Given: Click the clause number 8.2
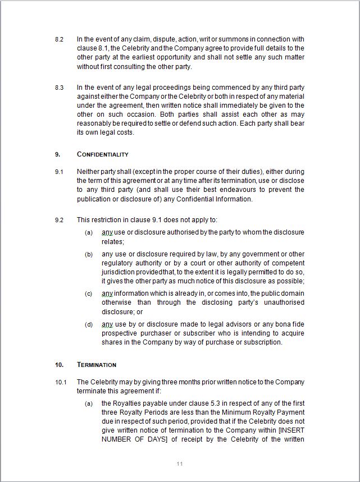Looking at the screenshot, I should coord(59,40).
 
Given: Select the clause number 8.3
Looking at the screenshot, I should coord(59,88).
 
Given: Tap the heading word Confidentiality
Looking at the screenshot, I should coord(102,154).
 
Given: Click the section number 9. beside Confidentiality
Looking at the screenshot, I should coord(57,154).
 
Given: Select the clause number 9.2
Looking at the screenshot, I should coord(59,219).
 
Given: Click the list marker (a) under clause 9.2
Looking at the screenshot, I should coord(89,232).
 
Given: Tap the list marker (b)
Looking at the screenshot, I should coord(89,254).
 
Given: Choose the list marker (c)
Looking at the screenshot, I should coord(89,293).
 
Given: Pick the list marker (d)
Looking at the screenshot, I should coord(89,324).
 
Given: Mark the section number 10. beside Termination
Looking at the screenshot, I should coord(59,365).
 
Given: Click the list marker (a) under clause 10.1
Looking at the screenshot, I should coord(89,403).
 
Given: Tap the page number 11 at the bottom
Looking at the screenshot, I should coord(180,463).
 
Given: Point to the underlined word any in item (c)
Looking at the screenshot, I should coord(107,293).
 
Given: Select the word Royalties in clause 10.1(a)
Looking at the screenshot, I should coord(128,403).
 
